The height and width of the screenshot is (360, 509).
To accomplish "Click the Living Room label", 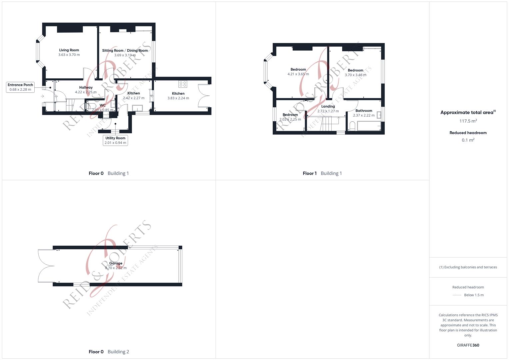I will (69, 50).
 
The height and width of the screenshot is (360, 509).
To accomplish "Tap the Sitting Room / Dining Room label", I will (125, 51).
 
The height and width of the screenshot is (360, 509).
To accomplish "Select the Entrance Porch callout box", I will (20, 87).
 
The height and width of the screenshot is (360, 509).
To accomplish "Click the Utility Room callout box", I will (115, 140).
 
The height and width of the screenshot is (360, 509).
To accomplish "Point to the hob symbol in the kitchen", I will (183, 84).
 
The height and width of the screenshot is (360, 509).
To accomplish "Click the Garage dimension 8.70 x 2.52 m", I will (116, 268).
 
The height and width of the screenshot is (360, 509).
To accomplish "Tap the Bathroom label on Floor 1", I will (364, 111).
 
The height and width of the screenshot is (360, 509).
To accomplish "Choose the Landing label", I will (328, 107).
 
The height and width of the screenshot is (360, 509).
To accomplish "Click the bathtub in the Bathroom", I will (369, 126).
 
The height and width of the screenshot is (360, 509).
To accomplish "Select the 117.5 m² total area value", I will (468, 121).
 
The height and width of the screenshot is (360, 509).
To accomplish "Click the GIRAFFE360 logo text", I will (468, 345).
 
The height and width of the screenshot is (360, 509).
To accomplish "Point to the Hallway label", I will (86, 88).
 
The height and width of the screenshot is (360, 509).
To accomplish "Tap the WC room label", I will (103, 105).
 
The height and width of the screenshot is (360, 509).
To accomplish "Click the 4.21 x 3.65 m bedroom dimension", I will (298, 74).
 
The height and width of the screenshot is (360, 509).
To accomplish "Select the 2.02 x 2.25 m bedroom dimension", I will (290, 119).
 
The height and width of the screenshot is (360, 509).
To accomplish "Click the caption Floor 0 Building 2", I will (109, 352).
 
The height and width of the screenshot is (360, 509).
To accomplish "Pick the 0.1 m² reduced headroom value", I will (468, 140).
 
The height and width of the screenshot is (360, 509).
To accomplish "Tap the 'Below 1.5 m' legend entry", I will (473, 295).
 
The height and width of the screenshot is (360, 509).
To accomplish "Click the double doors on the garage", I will (46, 266).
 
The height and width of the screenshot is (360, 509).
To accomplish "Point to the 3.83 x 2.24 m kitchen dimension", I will (178, 98).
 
